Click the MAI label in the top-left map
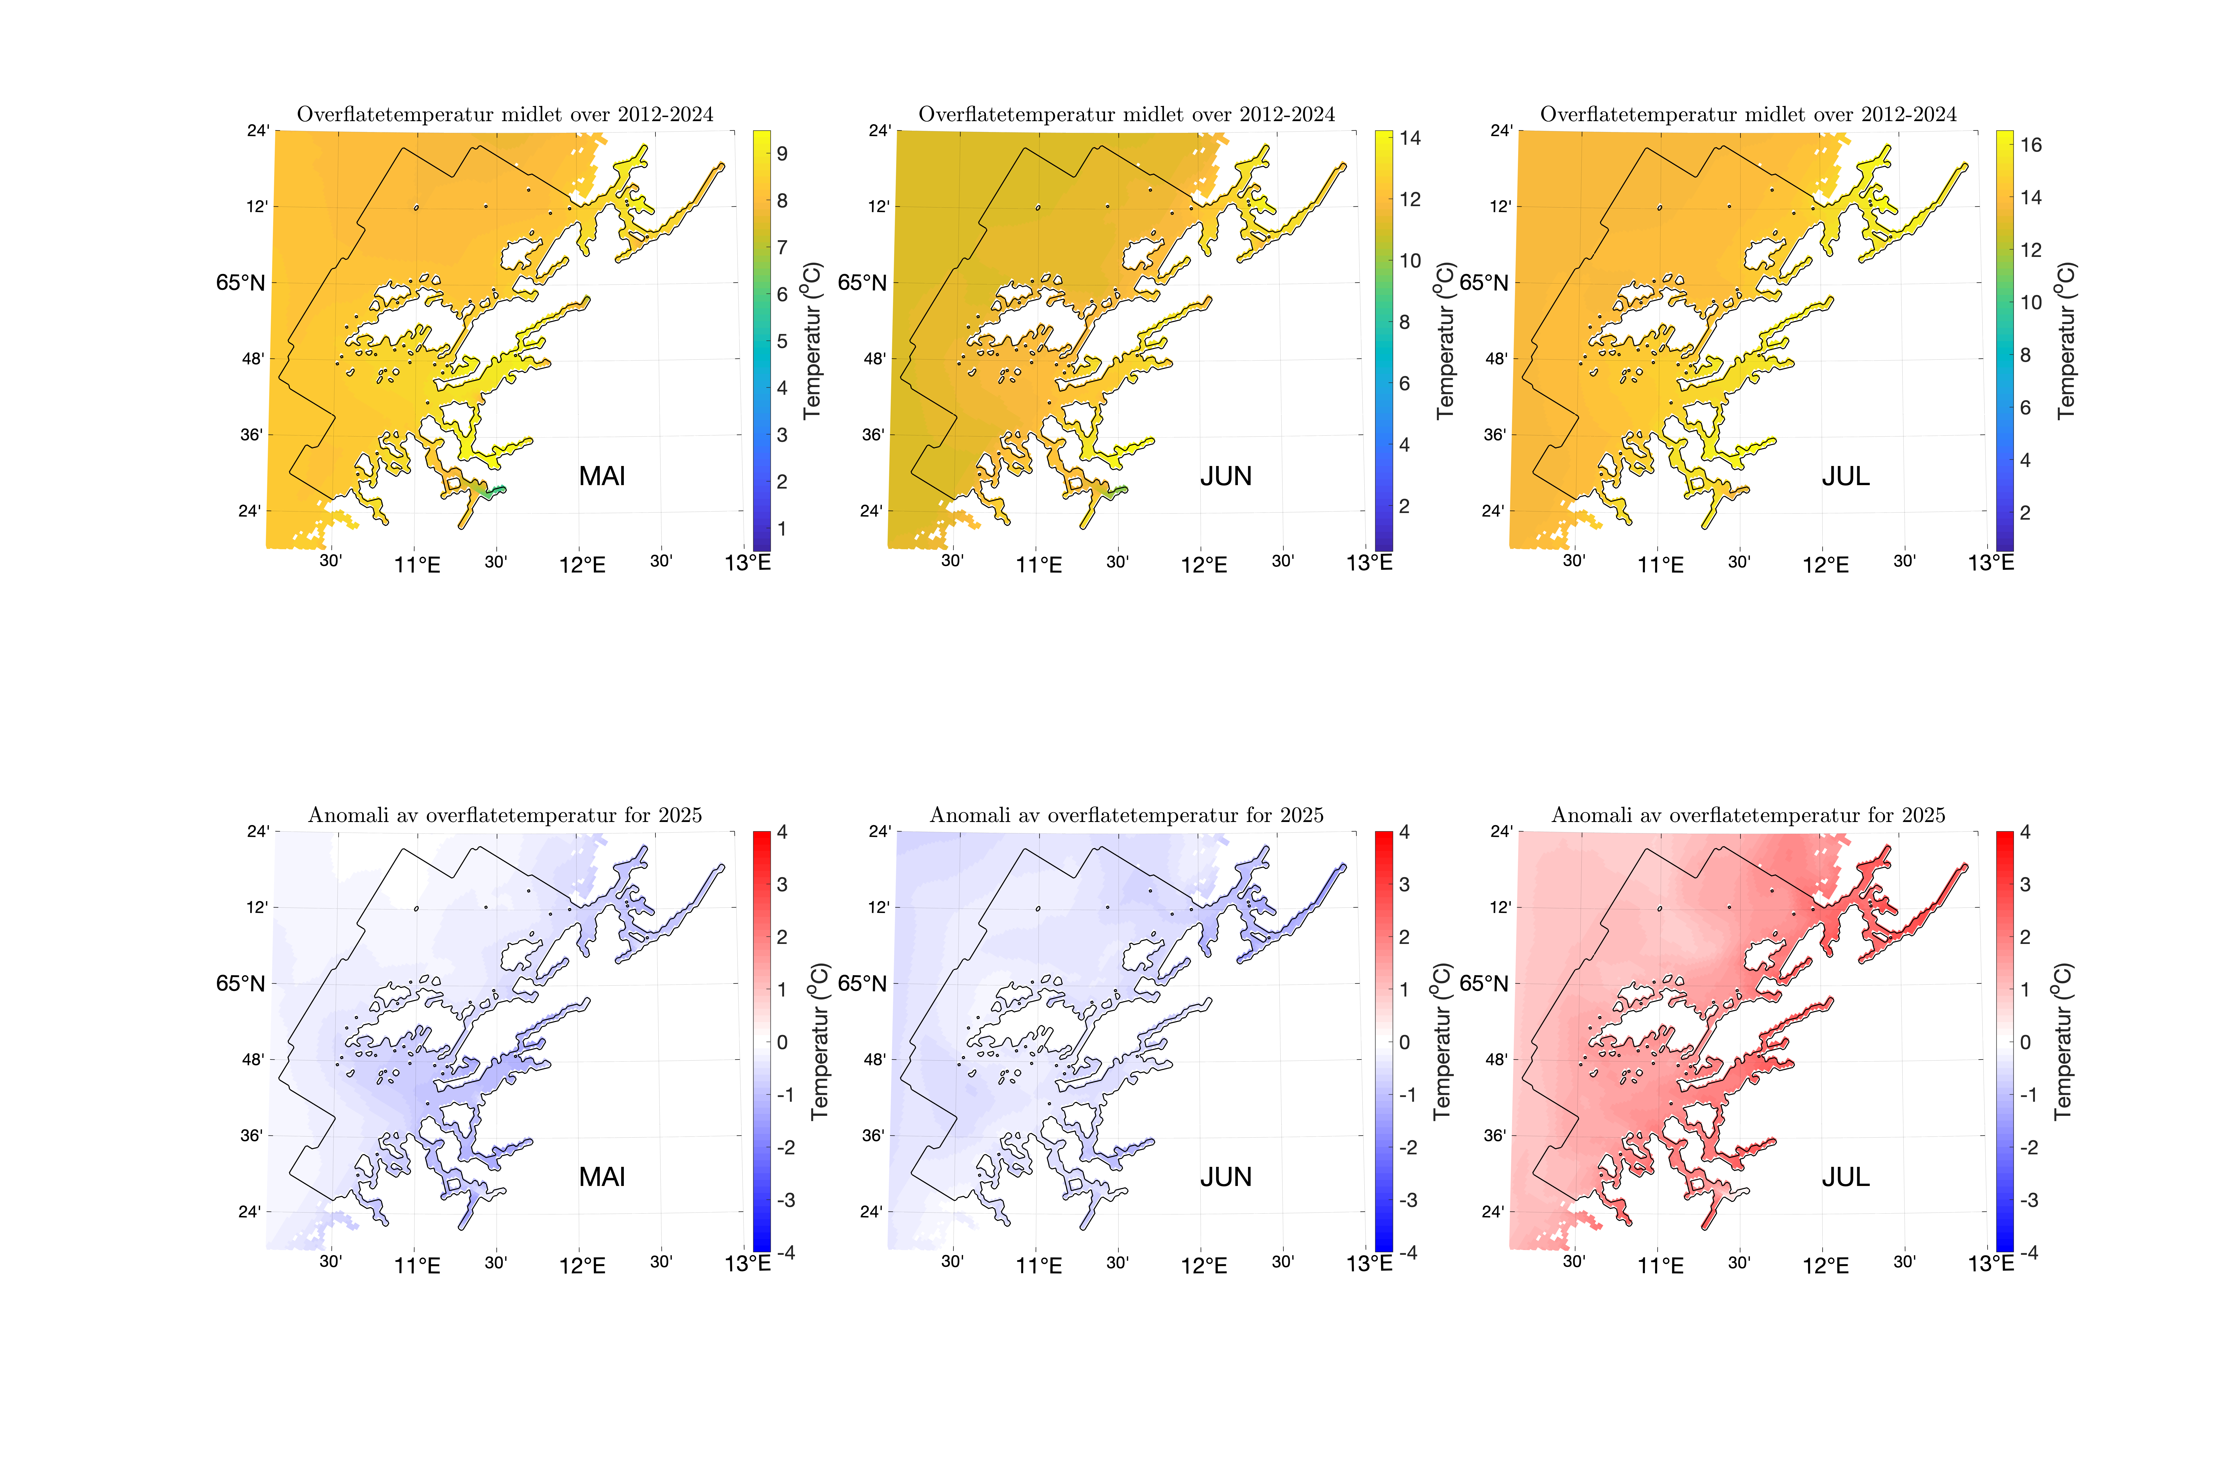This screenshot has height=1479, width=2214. tap(602, 476)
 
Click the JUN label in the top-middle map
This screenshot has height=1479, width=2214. tap(1225, 476)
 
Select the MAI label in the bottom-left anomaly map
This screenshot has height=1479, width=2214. tap(602, 1177)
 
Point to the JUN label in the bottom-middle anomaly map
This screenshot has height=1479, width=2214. tap(1225, 1177)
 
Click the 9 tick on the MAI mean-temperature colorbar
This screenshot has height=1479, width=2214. tap(782, 154)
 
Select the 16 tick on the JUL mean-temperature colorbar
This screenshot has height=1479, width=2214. tap(2031, 145)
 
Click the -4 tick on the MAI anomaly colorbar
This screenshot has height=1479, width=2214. tap(785, 1253)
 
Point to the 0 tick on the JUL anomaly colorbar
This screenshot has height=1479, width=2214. tap(2025, 1042)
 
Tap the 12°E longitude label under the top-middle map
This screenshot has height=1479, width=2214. tap(1204, 565)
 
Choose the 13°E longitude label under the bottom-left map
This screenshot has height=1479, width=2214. tap(747, 1264)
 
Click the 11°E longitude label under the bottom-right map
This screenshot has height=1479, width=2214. tap(1660, 1266)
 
